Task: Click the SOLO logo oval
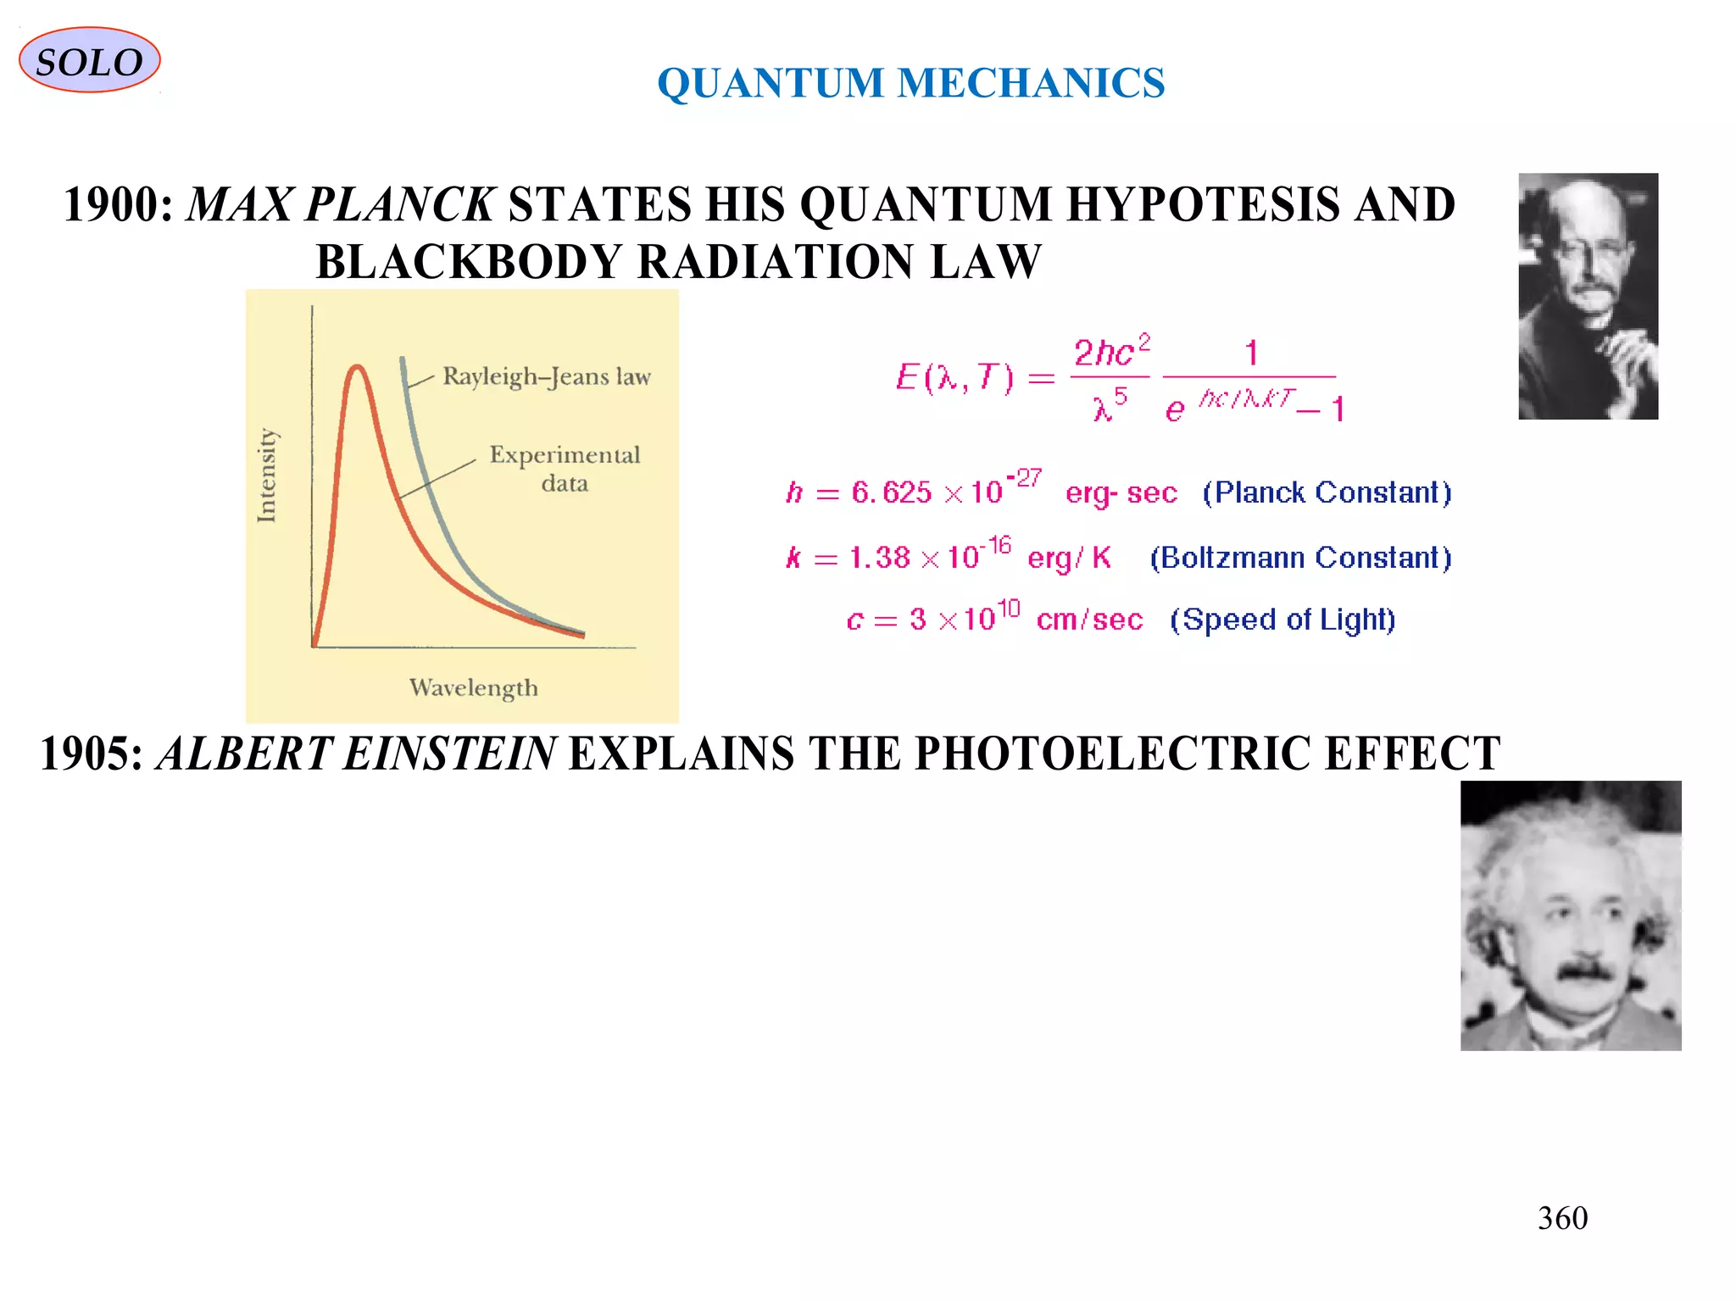pos(89,60)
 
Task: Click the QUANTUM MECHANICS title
pos(910,83)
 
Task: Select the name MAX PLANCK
pos(340,205)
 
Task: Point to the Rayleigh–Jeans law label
pos(547,376)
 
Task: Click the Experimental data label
pos(565,469)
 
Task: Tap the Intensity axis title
pos(267,475)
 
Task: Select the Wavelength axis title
pos(473,687)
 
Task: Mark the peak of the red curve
pos(358,367)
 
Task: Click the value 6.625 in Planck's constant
pos(891,492)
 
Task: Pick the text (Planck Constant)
pos(1327,492)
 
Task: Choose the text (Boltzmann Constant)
pos(1300,558)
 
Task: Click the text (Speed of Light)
pos(1283,620)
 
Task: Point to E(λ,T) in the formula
pos(954,377)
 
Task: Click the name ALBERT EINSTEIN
pos(356,754)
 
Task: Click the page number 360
pos(1562,1218)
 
